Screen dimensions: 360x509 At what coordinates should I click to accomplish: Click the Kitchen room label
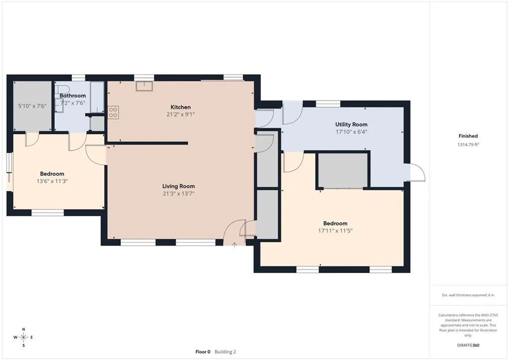click(180, 107)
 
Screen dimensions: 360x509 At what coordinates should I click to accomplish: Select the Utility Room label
click(351, 124)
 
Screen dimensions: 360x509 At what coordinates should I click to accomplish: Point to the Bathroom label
click(73, 95)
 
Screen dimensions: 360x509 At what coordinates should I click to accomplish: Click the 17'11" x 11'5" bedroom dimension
click(335, 231)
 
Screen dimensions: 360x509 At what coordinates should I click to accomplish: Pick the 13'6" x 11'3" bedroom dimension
click(52, 181)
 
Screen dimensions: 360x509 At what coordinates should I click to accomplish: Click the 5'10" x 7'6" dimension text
click(32, 106)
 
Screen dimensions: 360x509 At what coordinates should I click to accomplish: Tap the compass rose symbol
click(23, 337)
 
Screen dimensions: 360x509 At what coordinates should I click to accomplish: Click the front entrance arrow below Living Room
click(235, 245)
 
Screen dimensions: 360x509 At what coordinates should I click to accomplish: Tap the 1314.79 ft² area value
click(468, 145)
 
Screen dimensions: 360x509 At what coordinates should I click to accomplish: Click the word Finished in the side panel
click(468, 136)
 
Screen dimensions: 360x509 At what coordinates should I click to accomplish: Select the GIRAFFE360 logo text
click(468, 345)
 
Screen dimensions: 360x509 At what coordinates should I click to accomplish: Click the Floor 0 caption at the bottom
click(203, 352)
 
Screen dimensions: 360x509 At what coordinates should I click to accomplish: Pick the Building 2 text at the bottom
click(226, 352)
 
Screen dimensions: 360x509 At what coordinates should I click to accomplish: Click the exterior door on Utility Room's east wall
click(416, 172)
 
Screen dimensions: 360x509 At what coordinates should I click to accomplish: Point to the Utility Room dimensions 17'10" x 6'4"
click(351, 132)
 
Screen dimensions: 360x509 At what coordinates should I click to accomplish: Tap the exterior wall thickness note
click(468, 295)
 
